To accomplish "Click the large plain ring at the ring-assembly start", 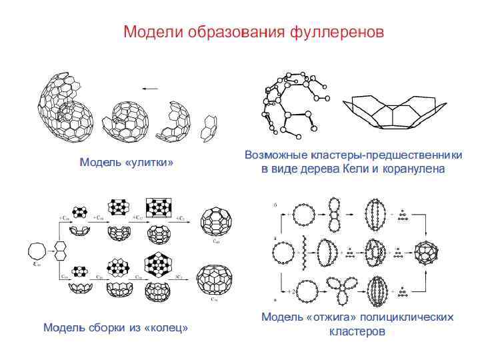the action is click(x=37, y=252).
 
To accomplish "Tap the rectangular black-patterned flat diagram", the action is click(x=159, y=208).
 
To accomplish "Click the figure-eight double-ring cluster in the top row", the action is click(x=335, y=215).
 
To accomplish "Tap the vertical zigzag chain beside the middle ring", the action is click(x=304, y=253).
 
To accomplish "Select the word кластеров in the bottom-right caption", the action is click(x=357, y=331).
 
